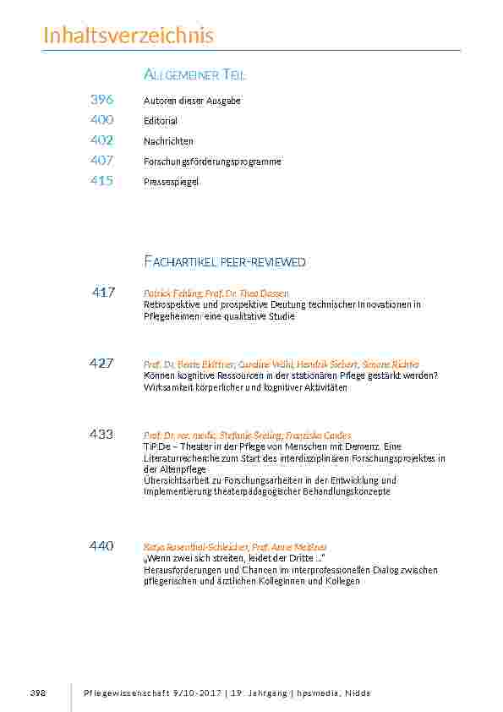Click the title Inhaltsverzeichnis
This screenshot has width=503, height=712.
click(128, 36)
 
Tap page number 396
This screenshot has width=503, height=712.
click(101, 100)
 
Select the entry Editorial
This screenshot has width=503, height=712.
click(161, 121)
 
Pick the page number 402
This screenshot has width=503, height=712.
click(101, 140)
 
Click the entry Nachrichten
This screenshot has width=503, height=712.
click(168, 141)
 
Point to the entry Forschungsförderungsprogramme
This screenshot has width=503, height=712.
click(212, 162)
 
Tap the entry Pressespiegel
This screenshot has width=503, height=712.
click(171, 182)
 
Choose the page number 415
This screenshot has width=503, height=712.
click(101, 181)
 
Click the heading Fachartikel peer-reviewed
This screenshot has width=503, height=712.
click(225, 262)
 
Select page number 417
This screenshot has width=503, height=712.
click(103, 293)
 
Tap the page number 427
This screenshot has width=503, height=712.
click(101, 364)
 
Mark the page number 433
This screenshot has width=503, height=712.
click(101, 435)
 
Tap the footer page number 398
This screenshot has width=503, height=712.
click(37, 693)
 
